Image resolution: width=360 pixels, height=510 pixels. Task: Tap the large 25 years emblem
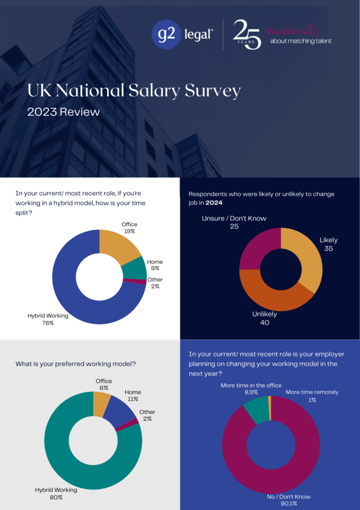247,34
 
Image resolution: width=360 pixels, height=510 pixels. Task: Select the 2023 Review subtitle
64,112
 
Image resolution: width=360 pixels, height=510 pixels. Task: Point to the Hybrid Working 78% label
48,319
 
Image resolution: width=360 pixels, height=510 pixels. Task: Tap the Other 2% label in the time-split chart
156,283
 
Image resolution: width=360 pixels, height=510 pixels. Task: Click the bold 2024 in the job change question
214,203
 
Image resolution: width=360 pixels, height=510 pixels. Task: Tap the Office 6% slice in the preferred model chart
102,403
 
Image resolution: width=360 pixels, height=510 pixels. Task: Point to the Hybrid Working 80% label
56,493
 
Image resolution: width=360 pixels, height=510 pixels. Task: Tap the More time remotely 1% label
312,396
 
